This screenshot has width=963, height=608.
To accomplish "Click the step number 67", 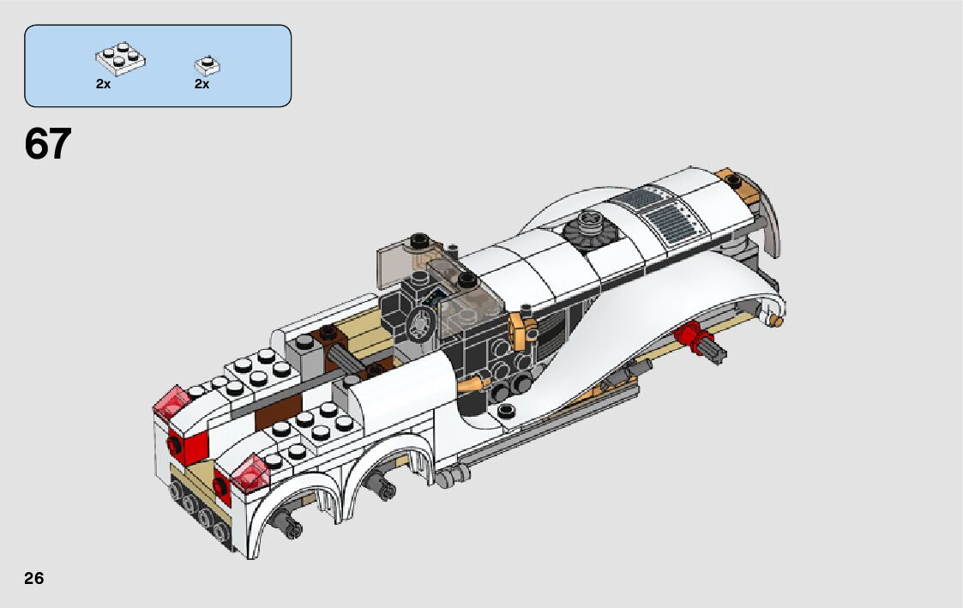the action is pos(48,144).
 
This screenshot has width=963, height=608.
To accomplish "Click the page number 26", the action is pos(34,578).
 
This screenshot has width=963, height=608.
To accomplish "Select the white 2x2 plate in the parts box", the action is pos(120,59).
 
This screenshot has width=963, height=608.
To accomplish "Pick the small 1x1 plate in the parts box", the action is pos(208,65).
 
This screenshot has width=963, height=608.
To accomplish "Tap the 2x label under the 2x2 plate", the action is pos(103,84).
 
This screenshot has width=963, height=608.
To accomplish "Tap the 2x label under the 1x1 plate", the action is pos(202,84).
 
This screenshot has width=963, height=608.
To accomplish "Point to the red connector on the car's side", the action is pos(691,336).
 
